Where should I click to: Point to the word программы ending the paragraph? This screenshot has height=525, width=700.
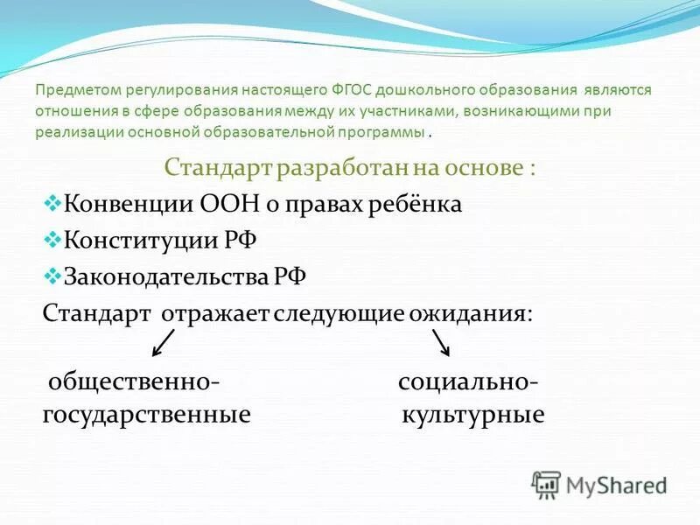point(384,132)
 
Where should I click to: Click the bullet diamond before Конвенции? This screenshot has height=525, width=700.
point(50,203)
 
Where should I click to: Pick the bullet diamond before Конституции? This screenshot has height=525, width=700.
point(50,239)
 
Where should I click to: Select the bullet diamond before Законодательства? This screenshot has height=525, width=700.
point(50,275)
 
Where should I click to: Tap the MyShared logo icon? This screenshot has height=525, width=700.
point(546,484)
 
